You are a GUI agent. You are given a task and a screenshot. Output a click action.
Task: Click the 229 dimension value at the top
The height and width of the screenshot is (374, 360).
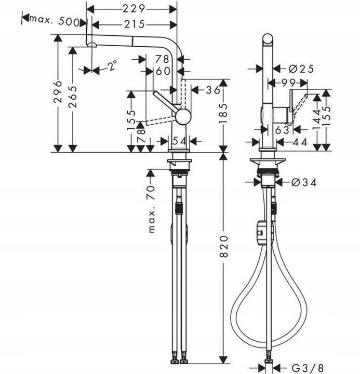point(134,9)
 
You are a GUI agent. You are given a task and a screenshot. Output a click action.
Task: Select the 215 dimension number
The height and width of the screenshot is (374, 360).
point(135,24)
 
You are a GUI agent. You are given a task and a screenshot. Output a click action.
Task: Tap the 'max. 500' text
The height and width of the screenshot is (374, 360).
point(55,21)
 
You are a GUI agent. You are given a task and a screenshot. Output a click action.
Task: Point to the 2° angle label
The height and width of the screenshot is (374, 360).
point(112,65)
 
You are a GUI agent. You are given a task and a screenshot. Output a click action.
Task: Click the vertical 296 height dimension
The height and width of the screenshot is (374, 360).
point(58,91)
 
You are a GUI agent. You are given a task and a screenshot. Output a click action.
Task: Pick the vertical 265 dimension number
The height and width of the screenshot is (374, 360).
point(73,97)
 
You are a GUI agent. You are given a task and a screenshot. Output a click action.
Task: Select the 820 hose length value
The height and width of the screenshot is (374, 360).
point(223,246)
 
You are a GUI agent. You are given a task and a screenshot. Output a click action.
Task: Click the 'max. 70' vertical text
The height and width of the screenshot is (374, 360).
point(152,209)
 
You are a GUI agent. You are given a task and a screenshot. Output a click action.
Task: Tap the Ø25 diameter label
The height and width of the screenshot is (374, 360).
point(301,69)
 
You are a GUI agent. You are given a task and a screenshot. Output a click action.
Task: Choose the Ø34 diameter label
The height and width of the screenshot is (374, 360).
point(304,183)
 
